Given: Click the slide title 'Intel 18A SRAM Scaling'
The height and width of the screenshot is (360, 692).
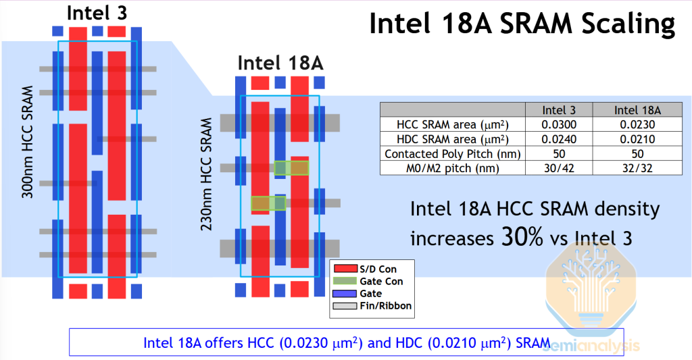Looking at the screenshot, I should point(522,24).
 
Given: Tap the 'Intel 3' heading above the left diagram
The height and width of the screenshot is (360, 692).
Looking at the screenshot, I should point(97,13).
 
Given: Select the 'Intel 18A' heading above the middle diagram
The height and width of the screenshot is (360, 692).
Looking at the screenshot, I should point(280,63).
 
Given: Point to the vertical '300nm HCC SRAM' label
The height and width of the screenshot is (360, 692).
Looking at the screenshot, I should point(28,142).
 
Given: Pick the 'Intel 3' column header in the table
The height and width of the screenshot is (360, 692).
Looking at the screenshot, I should point(559,110).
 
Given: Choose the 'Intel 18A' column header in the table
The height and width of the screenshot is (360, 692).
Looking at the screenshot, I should point(637,110).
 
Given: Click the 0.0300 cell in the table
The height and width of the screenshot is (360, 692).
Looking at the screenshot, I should point(559,124).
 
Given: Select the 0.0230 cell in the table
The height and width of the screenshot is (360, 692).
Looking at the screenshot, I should point(637,124).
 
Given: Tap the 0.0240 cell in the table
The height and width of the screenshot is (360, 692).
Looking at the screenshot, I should point(559,139).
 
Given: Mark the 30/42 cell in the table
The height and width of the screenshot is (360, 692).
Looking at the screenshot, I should point(559,168).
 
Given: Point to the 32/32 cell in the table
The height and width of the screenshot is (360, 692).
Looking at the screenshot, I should point(637,168).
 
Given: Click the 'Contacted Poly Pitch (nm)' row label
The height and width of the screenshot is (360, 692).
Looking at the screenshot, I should point(453,154).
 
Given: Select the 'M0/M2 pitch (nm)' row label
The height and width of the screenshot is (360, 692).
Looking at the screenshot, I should point(453,168).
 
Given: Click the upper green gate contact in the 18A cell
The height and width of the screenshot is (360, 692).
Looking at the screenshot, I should point(292,168).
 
